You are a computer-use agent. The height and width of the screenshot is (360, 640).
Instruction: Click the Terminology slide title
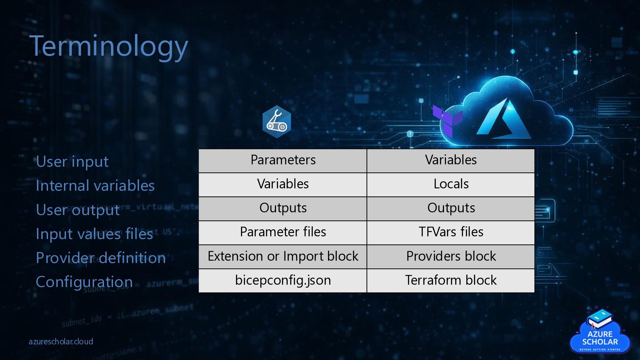[109, 46]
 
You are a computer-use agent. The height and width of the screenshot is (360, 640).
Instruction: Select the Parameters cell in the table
[283, 160]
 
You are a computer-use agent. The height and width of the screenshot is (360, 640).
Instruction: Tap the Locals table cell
[451, 184]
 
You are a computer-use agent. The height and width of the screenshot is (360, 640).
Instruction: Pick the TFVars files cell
[451, 232]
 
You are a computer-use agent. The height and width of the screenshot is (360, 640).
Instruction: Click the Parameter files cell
[283, 232]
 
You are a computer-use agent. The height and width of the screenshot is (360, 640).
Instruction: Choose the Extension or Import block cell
[283, 256]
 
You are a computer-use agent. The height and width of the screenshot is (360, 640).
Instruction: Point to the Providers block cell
[451, 256]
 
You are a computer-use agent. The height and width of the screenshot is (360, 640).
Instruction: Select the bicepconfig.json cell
[283, 280]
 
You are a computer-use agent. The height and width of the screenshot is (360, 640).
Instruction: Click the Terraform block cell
[451, 280]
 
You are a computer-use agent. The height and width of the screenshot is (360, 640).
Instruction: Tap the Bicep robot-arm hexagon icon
[277, 122]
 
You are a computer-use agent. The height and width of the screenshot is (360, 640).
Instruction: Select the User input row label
[72, 162]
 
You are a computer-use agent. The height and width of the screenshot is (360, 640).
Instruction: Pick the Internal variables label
[95, 186]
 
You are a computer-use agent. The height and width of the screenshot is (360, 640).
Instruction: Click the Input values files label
[94, 234]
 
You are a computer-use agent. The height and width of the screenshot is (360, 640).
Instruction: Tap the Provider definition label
[101, 258]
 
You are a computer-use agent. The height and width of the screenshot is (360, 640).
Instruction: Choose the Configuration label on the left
[84, 282]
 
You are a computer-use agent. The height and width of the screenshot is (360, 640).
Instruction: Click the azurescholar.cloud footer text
[61, 342]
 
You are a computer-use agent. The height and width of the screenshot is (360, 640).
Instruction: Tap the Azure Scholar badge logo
[600, 332]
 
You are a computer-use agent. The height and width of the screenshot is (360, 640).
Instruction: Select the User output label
[78, 210]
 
